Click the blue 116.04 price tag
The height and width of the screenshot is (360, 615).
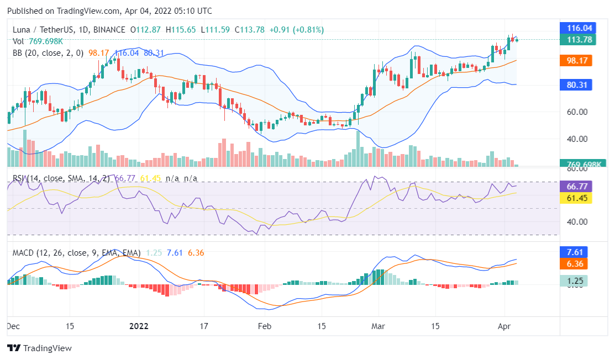576,28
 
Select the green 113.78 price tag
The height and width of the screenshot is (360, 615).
576,39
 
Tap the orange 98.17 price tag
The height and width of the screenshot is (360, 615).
576,61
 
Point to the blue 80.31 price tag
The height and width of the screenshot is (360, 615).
576,84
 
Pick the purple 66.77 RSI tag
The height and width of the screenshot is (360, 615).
576,186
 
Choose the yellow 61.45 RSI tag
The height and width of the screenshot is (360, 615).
576,198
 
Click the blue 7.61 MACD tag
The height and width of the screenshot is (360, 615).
576,252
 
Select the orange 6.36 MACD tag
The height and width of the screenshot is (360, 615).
576,264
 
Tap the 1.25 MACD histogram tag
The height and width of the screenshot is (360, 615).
576,281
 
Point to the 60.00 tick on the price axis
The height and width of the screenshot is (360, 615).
575,112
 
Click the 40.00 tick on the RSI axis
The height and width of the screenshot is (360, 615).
575,222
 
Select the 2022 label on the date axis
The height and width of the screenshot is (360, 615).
139,326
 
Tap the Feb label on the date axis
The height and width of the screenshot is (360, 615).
265,326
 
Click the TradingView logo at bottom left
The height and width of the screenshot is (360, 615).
39,348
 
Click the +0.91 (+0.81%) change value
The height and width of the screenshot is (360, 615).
297,30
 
